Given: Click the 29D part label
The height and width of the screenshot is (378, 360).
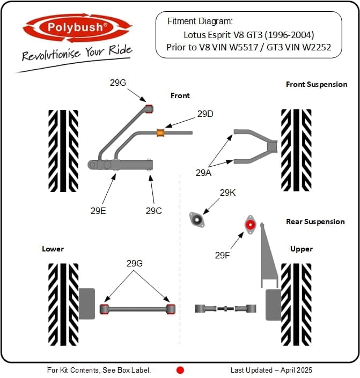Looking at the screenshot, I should coord(205,114).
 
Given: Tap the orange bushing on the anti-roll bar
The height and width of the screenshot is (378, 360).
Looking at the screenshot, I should coord(160,132).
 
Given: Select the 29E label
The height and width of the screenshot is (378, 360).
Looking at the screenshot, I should coord(98,211).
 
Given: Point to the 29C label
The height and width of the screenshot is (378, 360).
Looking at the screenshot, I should coord(153,211).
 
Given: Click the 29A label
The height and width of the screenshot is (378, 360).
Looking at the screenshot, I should coord(203,173).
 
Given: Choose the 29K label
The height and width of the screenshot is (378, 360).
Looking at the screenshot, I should coord(227,192).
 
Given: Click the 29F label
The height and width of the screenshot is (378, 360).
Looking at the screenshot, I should coord(223,255).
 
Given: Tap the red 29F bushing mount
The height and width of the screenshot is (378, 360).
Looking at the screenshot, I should coord(249,224).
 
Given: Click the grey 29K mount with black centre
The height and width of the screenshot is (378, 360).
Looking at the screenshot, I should coord(197,219).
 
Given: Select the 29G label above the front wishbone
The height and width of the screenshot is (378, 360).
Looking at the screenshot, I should coord(119,83).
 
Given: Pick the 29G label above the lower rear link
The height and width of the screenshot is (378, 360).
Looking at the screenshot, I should coord(135,263).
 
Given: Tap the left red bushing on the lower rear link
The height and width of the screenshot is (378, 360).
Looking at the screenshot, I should coord(105,309).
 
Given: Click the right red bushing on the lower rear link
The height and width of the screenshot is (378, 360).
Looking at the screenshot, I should coord(171,309).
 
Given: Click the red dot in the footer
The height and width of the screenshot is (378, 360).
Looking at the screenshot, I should coord(180,370).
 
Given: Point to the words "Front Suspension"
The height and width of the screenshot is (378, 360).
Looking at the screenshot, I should coord(317,84).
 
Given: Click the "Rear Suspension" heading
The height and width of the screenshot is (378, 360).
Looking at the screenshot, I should coord(315,221).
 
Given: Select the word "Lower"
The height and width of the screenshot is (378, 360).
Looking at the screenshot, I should coord(53,249).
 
